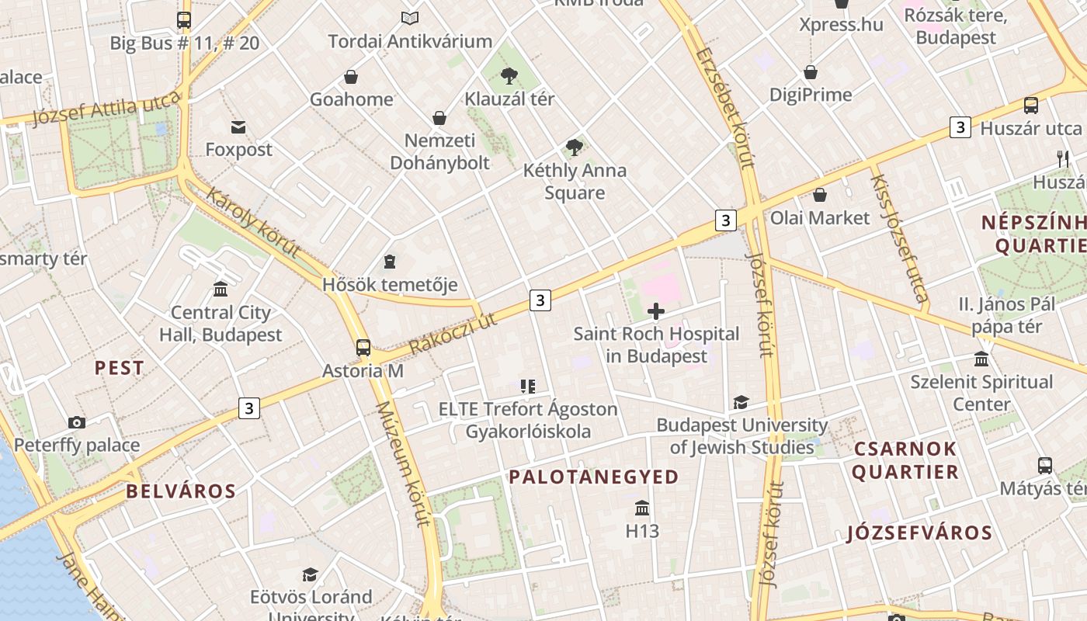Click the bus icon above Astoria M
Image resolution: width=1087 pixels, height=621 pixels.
(363, 347)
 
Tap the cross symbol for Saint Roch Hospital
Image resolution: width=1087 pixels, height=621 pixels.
(656, 311)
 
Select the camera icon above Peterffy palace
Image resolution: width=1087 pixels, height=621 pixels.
(76, 422)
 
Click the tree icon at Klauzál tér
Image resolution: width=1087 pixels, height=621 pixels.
(509, 75)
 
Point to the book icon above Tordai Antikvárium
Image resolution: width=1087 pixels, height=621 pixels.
(409, 17)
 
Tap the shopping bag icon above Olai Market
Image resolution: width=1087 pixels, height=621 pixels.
(819, 194)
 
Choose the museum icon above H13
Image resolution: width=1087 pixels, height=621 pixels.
(642, 508)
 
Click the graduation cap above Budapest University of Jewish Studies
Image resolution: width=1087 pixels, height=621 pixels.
(741, 402)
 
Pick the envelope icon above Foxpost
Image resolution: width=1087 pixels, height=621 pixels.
(238, 127)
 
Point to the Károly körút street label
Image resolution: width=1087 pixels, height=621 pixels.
(253, 222)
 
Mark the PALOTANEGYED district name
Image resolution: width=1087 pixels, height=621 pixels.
(594, 477)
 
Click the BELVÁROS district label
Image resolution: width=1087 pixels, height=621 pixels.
(181, 491)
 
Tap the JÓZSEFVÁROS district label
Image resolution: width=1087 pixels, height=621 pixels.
(919, 533)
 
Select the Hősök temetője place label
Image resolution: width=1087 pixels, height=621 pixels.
(390, 285)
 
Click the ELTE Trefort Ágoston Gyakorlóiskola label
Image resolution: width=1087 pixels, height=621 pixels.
(528, 420)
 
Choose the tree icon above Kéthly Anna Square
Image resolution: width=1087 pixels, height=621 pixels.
(575, 147)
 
